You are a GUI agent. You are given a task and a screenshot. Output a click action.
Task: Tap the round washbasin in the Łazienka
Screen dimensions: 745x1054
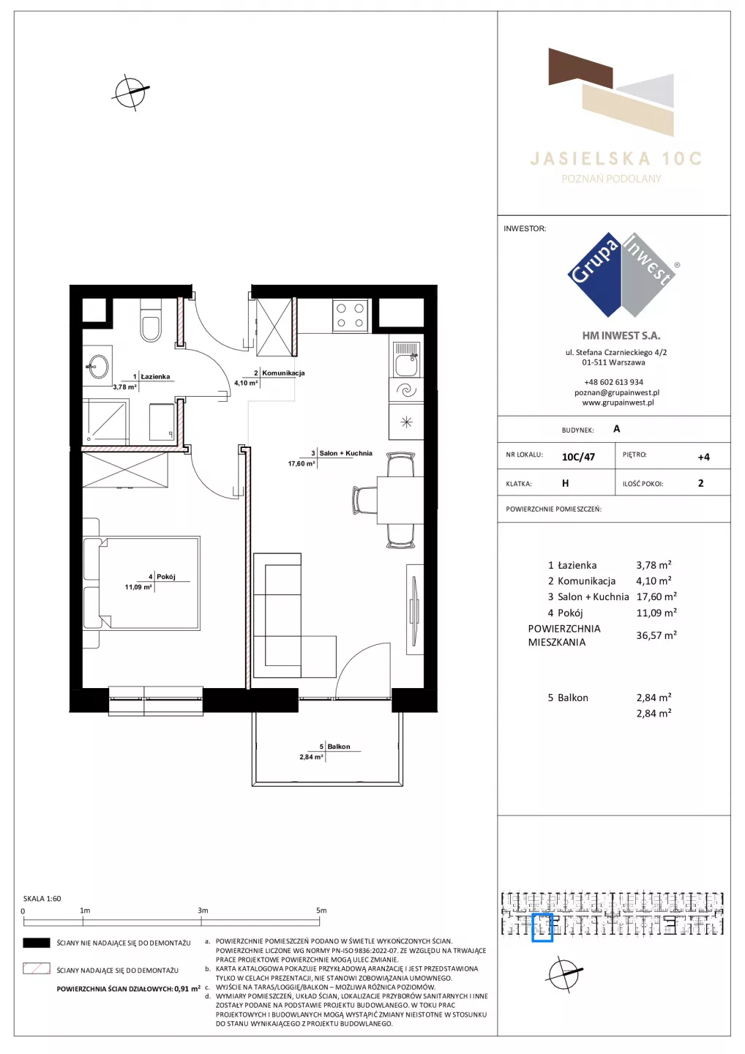97,366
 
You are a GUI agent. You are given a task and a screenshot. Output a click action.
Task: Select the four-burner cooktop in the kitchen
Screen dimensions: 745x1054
350,315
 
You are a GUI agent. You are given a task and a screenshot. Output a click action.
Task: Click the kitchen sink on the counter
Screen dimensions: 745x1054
406,360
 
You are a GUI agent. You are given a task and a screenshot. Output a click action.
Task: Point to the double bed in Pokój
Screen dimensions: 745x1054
141,583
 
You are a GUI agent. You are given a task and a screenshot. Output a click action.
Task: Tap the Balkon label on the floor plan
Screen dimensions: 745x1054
339,747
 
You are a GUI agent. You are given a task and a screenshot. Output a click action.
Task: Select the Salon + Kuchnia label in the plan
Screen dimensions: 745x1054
345,453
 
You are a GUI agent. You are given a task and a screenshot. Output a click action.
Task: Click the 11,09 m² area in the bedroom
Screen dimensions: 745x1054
138,587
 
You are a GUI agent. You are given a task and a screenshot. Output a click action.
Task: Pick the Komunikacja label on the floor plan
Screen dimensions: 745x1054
283,373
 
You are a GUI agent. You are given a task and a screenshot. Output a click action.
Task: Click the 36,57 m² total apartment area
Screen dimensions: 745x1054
656,635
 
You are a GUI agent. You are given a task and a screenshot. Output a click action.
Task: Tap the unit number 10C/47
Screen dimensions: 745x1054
578,457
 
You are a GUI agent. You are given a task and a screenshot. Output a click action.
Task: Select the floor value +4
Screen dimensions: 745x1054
703,457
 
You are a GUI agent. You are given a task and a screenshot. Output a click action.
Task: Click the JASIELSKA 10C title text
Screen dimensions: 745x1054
616,159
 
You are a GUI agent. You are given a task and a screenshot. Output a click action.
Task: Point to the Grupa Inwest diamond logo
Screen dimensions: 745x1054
622,274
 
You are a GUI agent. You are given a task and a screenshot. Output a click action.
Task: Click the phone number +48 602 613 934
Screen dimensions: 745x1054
614,382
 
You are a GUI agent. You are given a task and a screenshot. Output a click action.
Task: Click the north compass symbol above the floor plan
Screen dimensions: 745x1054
130,92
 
